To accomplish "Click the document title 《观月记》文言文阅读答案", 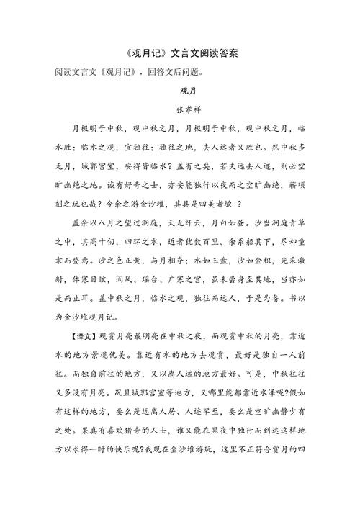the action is [179, 54].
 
